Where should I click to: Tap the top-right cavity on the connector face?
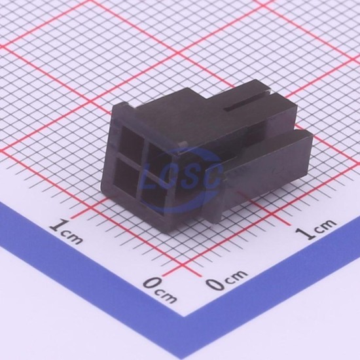pos(158,156)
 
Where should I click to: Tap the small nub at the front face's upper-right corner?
pos(183,144)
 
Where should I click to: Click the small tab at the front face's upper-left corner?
pos(126,105)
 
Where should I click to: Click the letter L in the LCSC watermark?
pos(152,177)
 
